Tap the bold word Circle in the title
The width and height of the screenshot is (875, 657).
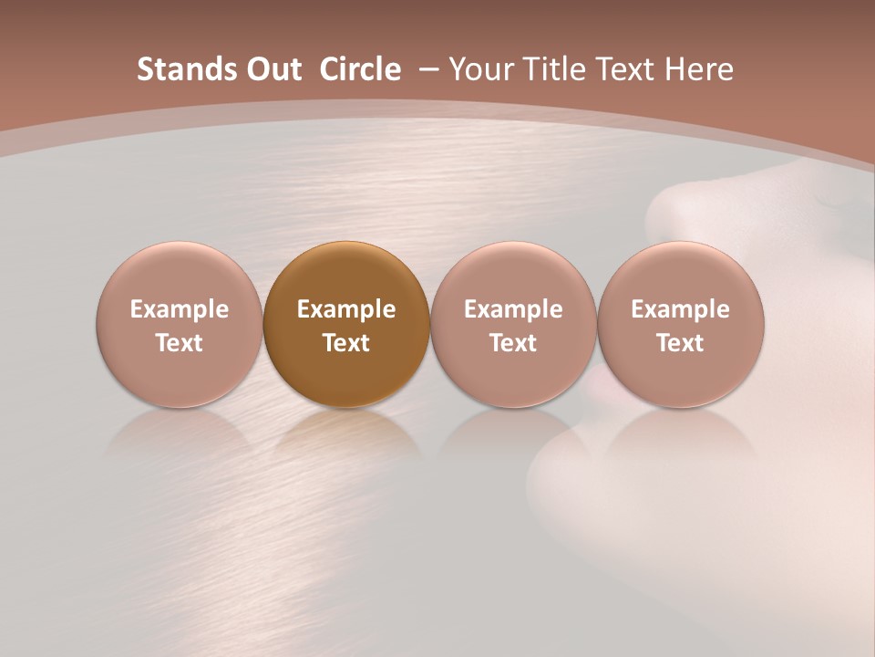point(360,69)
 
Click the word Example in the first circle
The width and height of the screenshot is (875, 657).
point(180,309)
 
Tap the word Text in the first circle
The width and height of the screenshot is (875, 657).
point(180,343)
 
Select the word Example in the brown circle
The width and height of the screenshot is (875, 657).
point(346,309)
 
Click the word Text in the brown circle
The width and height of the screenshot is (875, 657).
point(346,343)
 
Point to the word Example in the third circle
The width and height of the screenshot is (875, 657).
point(513,309)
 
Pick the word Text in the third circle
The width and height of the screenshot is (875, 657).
point(513,343)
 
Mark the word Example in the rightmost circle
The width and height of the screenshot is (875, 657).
point(680,309)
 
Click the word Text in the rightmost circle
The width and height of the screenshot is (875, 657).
point(680,343)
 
